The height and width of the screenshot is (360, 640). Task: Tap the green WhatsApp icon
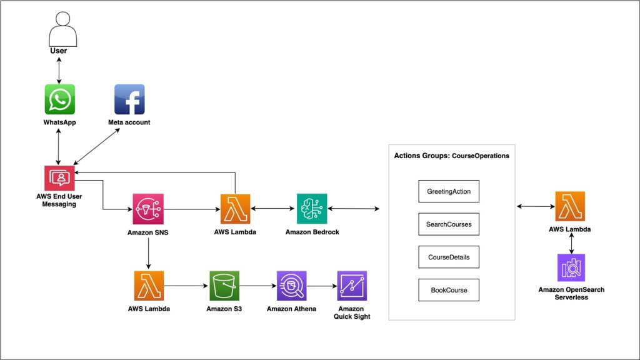59,99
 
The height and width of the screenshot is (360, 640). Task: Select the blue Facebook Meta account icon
129,99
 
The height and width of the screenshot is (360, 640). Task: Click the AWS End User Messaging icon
60,177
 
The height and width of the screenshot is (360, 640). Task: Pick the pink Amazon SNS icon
148,209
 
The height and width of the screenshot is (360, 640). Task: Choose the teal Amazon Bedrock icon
311,209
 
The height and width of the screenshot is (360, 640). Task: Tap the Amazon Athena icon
291,286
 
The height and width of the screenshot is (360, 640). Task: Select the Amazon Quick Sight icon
351,286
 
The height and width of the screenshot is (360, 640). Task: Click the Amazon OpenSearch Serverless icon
571,268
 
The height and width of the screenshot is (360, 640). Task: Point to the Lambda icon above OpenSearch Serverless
570,207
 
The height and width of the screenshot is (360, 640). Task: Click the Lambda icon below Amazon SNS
149,286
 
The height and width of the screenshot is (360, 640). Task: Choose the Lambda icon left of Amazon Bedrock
235,209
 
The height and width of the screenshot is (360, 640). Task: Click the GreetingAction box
449,191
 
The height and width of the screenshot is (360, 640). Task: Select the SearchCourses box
449,224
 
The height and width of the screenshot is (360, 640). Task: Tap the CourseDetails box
449,257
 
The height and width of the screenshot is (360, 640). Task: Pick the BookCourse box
449,290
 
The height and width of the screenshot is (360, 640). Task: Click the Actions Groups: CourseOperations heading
451,156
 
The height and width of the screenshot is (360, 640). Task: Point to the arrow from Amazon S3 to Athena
258,286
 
